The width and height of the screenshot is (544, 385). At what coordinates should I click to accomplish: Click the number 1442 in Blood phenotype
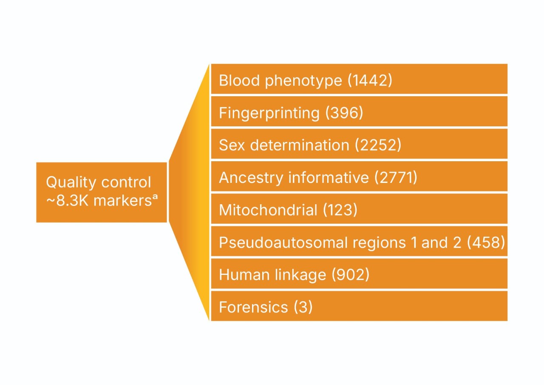tap(370, 80)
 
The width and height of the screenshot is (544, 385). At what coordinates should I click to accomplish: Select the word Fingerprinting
tap(269, 113)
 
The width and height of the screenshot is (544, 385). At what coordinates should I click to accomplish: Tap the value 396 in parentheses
tap(344, 113)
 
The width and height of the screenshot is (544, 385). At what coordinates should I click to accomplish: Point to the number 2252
tap(378, 145)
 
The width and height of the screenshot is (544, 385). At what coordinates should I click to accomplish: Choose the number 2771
tap(396, 178)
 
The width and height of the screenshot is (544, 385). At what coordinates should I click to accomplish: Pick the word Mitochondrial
tap(268, 210)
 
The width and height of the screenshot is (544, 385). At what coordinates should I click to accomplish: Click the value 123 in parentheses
tap(340, 210)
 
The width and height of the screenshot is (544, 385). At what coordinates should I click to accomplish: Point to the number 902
tap(350, 275)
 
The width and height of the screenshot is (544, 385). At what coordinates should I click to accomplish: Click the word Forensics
tap(253, 307)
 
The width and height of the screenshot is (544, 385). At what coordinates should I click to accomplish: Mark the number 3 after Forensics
tap(303, 307)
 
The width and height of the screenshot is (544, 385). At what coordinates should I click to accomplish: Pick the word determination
tap(300, 145)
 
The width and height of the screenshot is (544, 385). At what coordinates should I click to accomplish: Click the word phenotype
tap(303, 81)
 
